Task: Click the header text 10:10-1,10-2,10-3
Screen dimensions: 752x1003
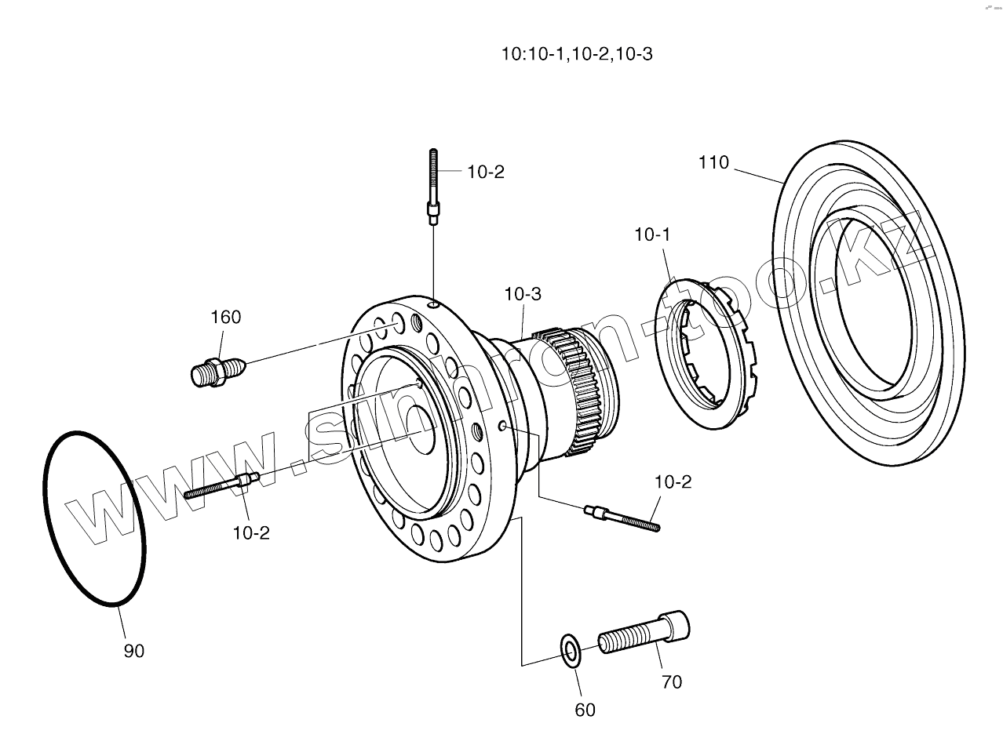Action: pos(578,54)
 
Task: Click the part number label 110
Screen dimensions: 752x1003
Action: pos(713,163)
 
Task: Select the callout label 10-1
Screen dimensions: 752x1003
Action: pos(652,234)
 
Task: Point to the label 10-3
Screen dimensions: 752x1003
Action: pos(523,294)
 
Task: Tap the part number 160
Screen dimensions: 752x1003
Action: pos(225,318)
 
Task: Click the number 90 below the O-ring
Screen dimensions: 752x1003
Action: pos(134,651)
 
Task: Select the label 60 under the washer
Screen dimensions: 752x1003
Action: pos(585,710)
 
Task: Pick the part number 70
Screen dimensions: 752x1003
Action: pos(672,682)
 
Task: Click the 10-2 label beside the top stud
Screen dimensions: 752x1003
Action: pos(486,173)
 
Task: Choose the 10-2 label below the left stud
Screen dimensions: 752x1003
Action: pos(251,533)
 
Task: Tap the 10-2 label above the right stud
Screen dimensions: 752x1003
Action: pos(673,482)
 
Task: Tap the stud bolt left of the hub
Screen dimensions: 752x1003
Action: pos(221,486)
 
